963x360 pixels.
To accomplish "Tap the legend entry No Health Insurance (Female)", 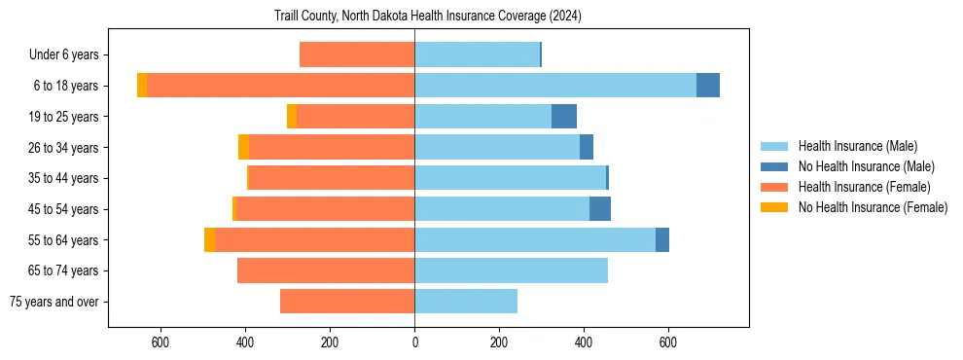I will pos(873,207).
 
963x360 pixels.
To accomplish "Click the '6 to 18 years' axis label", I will pos(65,86).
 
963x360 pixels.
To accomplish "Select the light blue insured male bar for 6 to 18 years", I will pos(555,86).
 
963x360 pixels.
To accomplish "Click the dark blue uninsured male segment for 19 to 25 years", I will pos(564,117).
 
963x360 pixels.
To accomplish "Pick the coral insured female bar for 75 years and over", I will pos(347,302).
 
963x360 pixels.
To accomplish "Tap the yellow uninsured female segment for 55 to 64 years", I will pos(210,239).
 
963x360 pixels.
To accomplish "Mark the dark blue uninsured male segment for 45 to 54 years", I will pos(600,209).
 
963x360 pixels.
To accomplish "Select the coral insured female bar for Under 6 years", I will pos(357,54).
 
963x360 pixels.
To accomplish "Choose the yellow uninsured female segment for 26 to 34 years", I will pos(244,147).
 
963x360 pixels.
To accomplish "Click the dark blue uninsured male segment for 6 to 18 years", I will pos(708,86).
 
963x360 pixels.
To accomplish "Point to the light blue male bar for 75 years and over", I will pos(466,302).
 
